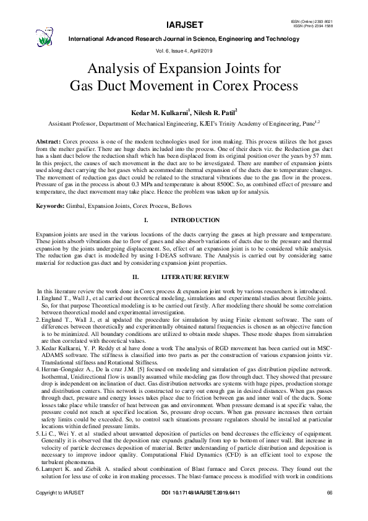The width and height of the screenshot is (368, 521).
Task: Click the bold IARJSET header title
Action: [x=184, y=25]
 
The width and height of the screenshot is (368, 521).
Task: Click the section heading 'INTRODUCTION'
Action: [x=194, y=220]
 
